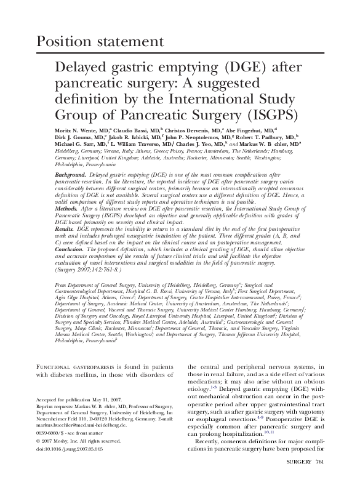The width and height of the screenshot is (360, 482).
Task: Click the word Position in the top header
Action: point(65,42)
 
